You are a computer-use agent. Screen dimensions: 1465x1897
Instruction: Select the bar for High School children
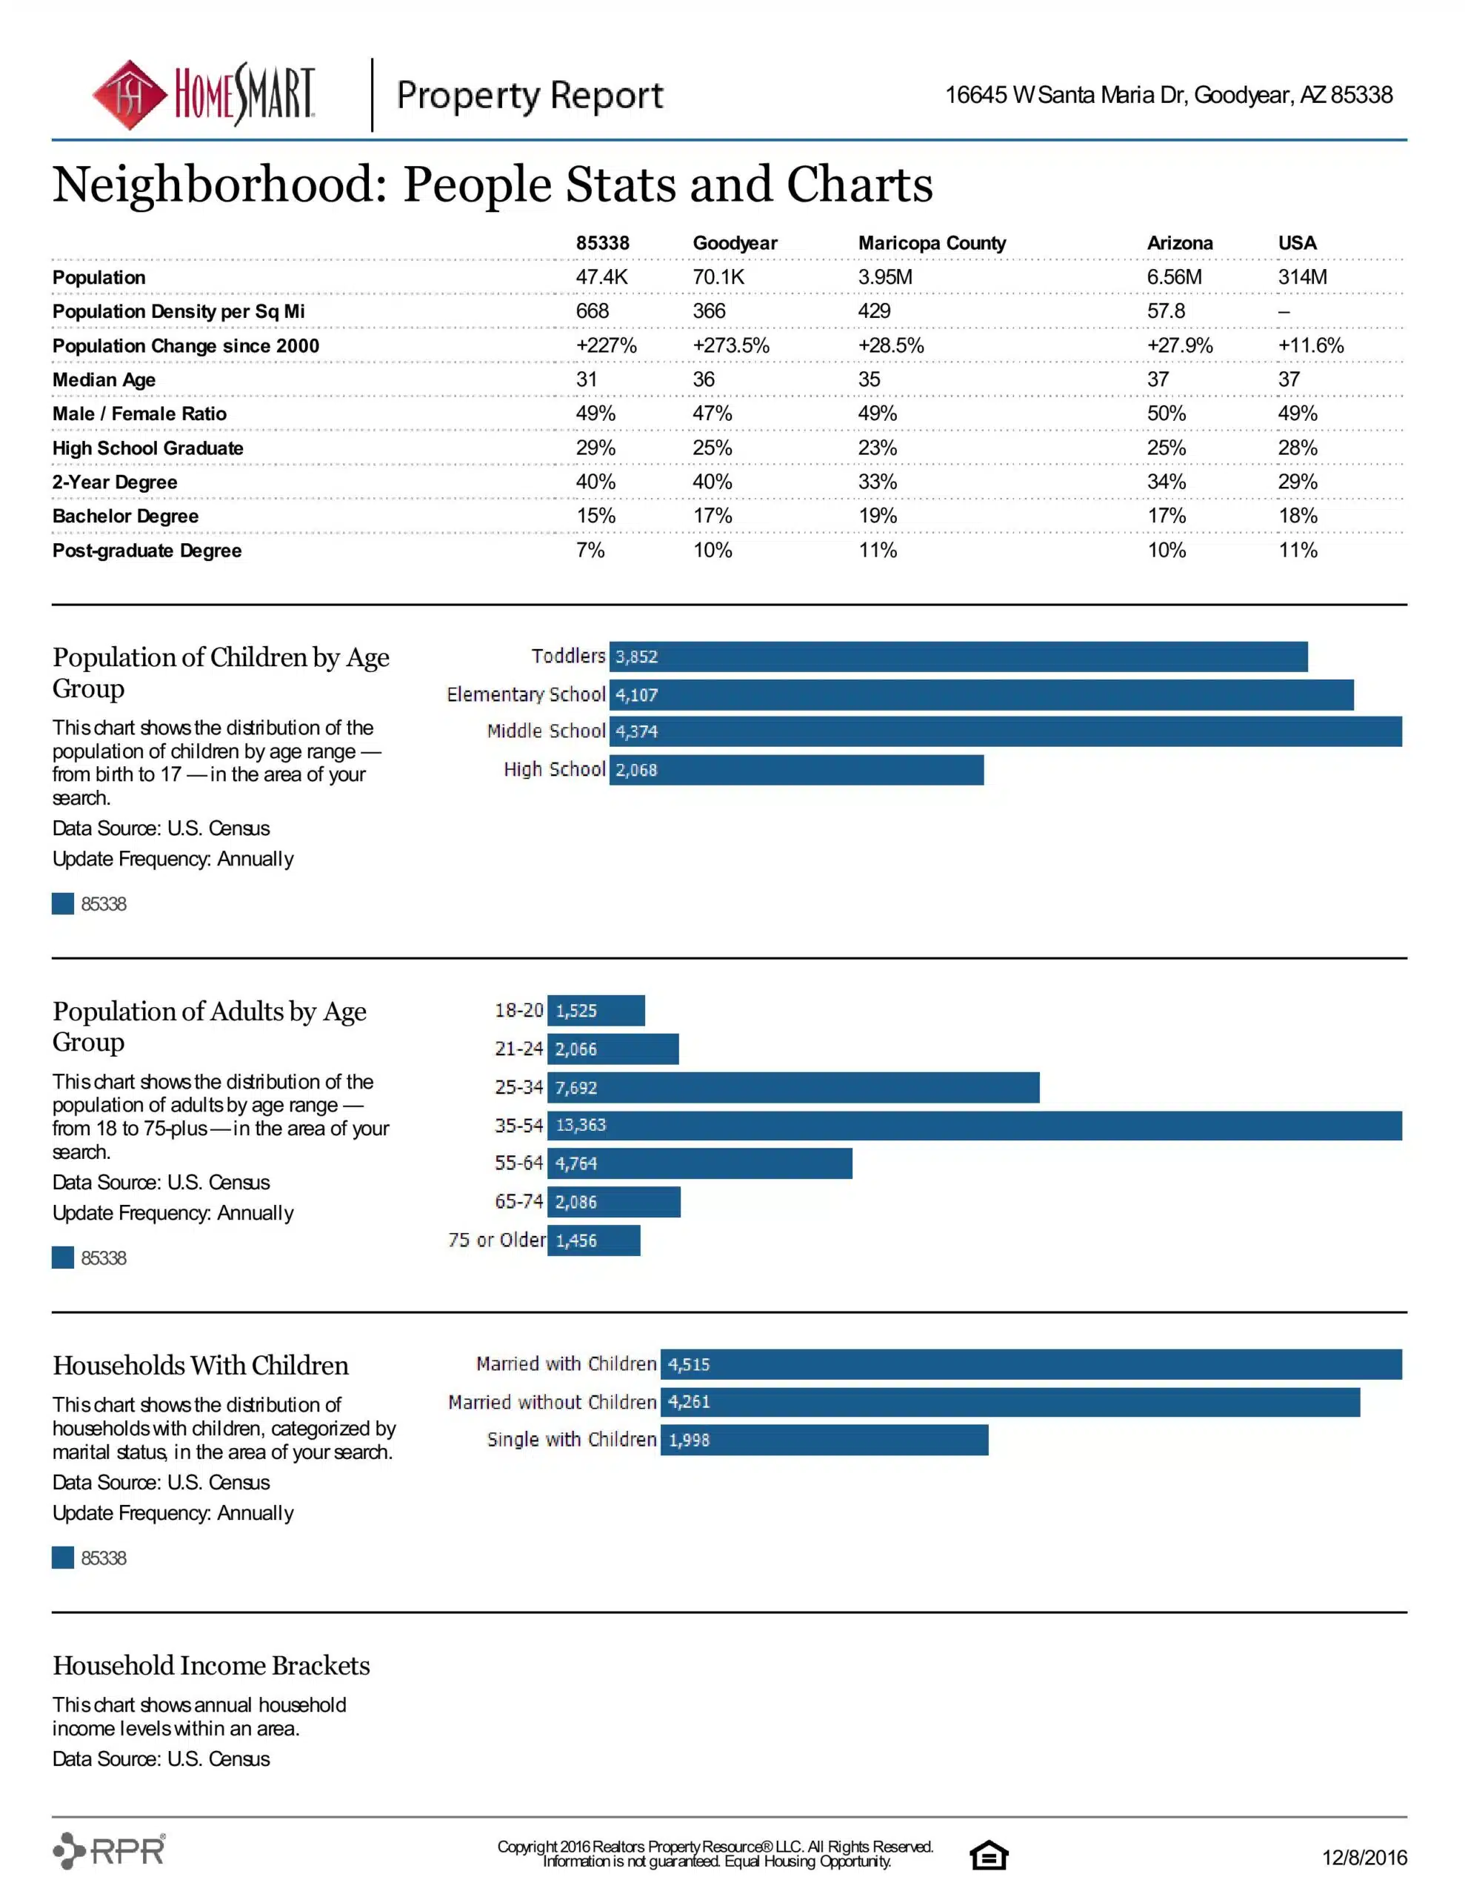click(796, 770)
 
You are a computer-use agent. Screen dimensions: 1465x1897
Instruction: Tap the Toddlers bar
click(958, 657)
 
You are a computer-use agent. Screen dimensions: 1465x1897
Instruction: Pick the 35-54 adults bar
click(975, 1125)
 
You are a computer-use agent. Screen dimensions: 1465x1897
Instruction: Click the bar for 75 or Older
click(594, 1240)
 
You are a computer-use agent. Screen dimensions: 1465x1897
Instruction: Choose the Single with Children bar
click(824, 1440)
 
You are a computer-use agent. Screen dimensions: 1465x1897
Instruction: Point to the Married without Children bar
click(1010, 1402)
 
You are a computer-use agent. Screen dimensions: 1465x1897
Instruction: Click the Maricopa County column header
click(932, 243)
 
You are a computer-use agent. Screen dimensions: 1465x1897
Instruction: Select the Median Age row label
click(104, 379)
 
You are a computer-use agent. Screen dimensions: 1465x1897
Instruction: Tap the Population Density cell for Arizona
click(1165, 311)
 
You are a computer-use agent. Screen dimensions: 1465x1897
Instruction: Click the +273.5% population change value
click(730, 346)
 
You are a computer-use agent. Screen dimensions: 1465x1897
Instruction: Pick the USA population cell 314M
click(1302, 277)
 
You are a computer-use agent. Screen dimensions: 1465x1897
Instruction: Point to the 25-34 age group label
click(518, 1088)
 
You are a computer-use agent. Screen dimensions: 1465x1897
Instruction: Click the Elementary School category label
click(525, 694)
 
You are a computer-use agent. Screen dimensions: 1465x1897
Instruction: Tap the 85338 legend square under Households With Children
click(62, 1558)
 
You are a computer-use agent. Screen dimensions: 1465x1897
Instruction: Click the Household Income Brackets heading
click(211, 1666)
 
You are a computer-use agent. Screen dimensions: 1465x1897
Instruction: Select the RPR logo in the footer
click(110, 1851)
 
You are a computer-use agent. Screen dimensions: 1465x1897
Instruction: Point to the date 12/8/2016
click(1364, 1858)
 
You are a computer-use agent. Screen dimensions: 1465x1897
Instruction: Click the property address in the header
click(1168, 95)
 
